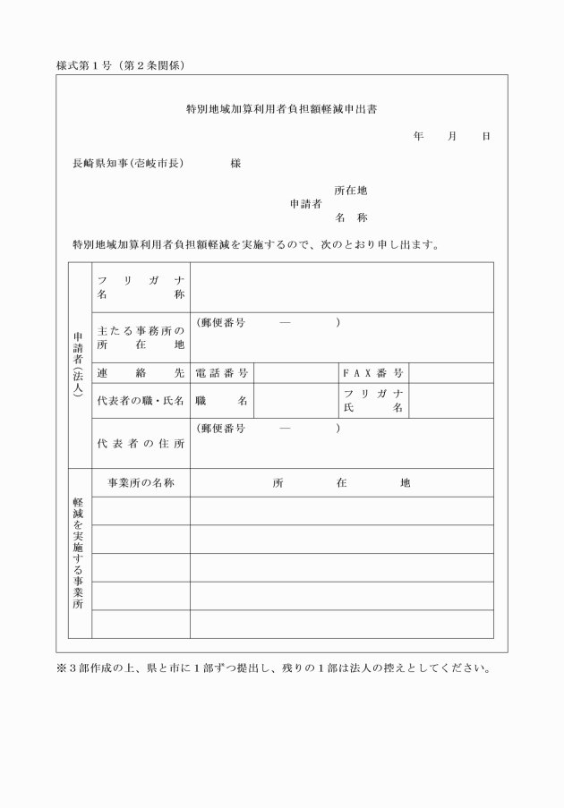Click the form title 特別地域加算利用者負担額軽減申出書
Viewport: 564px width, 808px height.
(x=281, y=110)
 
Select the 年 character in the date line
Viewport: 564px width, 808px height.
(x=418, y=136)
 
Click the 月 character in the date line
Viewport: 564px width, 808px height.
(x=453, y=136)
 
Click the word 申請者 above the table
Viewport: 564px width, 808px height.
(x=305, y=204)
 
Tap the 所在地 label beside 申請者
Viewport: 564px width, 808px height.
(x=351, y=191)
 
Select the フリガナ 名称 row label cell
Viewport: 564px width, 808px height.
(x=141, y=287)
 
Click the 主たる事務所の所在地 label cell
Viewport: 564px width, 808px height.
(x=141, y=337)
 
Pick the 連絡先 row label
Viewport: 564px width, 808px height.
(x=141, y=372)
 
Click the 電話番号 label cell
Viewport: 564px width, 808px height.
(x=221, y=372)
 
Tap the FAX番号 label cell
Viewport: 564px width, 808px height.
(x=373, y=372)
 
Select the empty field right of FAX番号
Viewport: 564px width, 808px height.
(x=450, y=372)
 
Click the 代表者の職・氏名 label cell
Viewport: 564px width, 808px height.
(x=141, y=400)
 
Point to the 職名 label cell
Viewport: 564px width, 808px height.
(x=221, y=400)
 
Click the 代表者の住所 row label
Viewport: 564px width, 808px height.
(x=141, y=443)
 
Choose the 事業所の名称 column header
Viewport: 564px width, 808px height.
(x=141, y=482)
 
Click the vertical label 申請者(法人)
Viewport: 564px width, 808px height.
(x=79, y=365)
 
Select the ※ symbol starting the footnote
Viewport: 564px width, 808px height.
(x=61, y=668)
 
